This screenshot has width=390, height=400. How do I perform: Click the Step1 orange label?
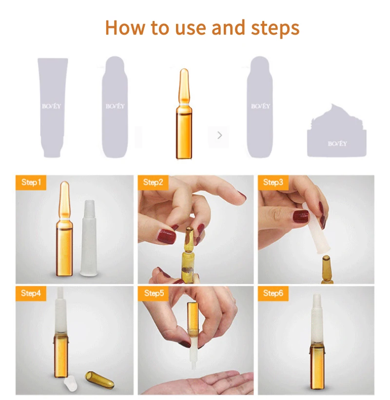(x=31, y=182)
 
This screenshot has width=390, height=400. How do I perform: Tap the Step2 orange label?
(x=153, y=182)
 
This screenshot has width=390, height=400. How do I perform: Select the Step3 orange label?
(x=273, y=182)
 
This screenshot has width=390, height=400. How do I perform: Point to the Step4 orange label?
(x=31, y=294)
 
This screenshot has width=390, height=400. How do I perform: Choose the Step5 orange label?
(x=153, y=294)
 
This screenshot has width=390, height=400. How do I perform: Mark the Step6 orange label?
(x=273, y=294)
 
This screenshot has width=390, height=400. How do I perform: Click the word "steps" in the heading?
(x=275, y=28)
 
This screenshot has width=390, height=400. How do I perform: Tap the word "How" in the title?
(x=125, y=27)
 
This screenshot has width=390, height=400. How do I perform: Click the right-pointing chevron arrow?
(x=220, y=135)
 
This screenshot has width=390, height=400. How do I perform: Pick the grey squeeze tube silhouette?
(x=53, y=107)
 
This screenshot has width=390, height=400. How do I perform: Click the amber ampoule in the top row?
(x=184, y=113)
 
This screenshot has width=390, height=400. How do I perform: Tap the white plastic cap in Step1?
(x=89, y=238)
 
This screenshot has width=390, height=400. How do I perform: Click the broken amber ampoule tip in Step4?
(x=99, y=380)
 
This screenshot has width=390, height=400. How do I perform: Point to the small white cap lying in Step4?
(x=71, y=384)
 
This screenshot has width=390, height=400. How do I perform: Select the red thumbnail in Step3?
(x=301, y=216)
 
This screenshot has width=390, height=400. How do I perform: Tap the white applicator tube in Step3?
(x=316, y=227)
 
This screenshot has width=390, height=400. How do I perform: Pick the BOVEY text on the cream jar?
(x=337, y=144)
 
